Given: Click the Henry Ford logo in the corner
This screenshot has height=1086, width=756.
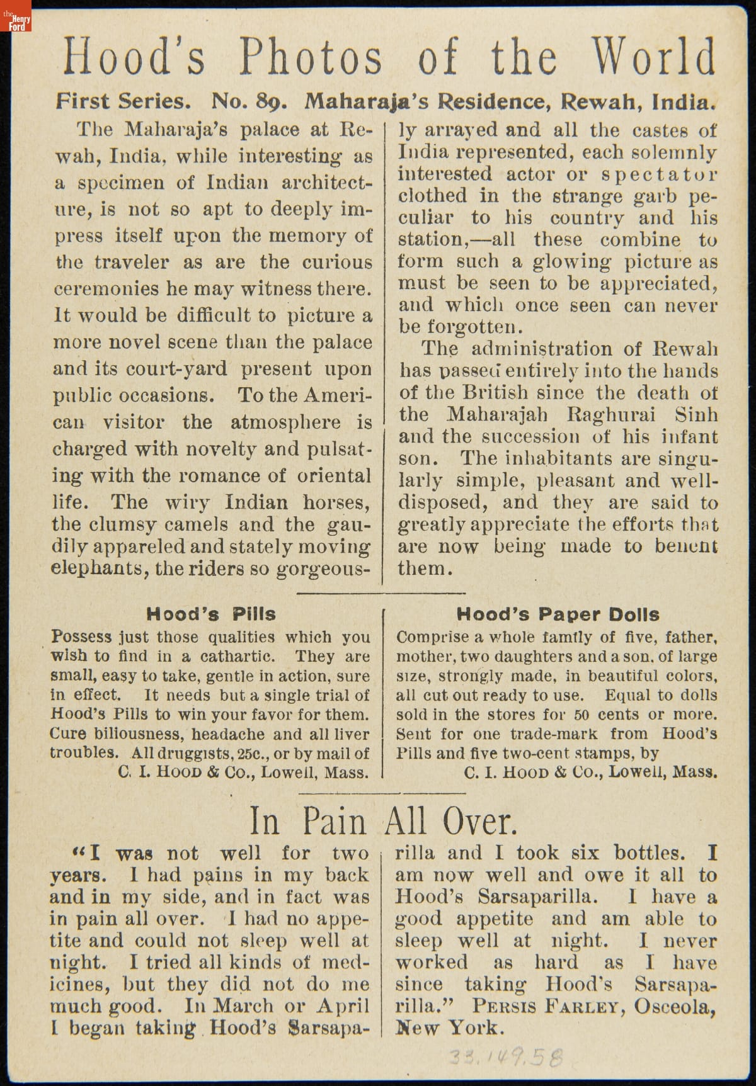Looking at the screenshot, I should point(16,18).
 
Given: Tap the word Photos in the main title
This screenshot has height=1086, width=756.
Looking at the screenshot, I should point(310,57).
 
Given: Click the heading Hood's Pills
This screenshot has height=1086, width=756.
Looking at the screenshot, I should point(211,614).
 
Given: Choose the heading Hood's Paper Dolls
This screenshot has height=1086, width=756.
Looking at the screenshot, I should point(558,614).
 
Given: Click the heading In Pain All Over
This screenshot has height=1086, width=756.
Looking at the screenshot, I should point(383,822).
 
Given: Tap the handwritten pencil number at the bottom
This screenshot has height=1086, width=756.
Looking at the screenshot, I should point(505,1058).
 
